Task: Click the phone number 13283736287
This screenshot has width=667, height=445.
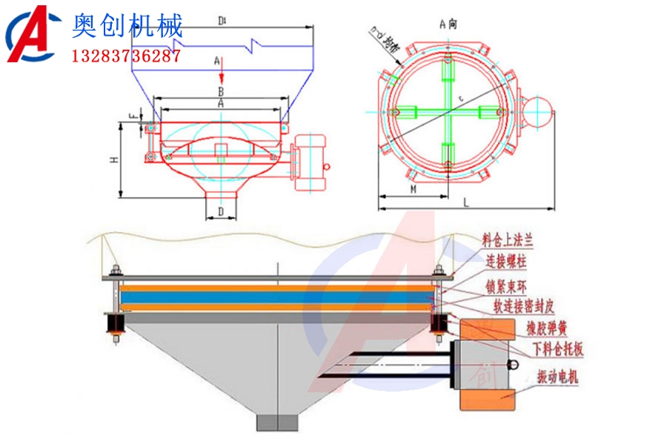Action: point(126,56)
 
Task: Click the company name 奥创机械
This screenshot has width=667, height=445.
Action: point(127,27)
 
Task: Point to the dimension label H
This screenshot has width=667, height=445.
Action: point(113,159)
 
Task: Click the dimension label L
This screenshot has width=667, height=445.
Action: point(465,201)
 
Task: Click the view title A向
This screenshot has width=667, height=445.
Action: point(448,24)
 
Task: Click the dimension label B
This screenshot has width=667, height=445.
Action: point(220,91)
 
